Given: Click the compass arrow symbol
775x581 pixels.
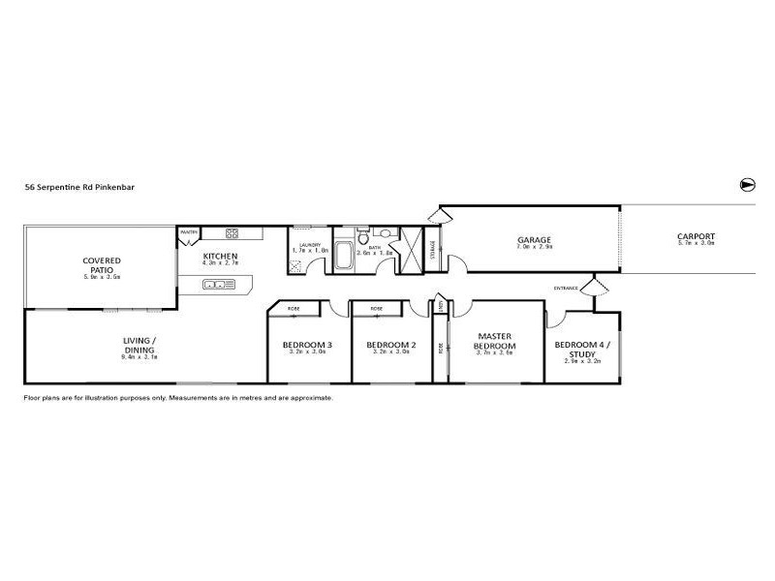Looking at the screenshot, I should click(x=747, y=185).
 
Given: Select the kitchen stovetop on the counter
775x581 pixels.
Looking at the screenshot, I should click(x=232, y=233).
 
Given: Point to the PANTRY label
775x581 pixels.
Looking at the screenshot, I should click(x=187, y=232).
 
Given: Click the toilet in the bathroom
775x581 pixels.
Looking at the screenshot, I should click(x=361, y=235).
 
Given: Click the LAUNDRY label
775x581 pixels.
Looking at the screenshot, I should click(x=309, y=245).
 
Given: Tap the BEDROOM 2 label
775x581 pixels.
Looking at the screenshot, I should click(x=390, y=345).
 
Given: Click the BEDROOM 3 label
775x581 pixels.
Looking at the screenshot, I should click(x=308, y=345).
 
